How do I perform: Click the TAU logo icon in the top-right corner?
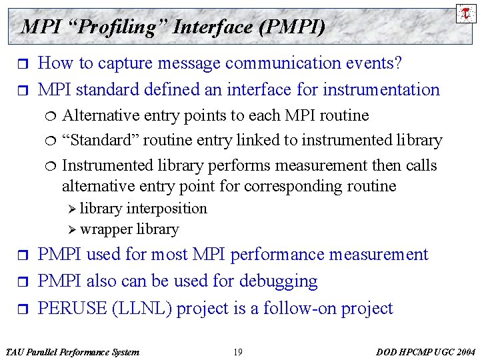(465, 13)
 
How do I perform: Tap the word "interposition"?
(167, 209)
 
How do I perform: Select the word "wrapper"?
(106, 229)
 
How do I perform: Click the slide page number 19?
(238, 352)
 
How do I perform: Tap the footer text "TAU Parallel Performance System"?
(72, 352)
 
